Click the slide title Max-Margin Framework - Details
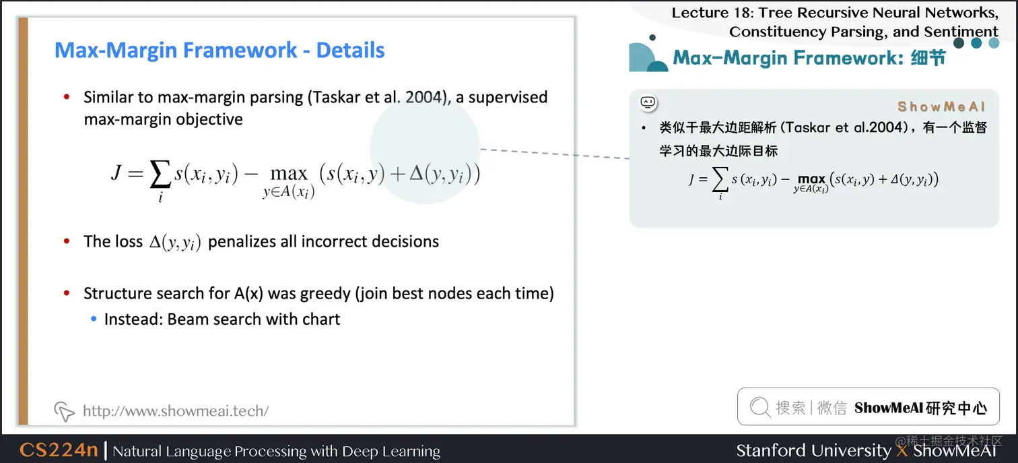(219, 51)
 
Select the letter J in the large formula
(117, 173)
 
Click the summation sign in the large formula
(160, 177)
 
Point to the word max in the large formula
(289, 174)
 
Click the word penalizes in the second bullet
(241, 242)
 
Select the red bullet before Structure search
(67, 294)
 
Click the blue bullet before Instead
(94, 319)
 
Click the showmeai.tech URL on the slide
(176, 410)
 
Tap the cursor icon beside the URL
(64, 411)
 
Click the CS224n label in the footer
(59, 450)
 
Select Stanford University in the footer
(813, 450)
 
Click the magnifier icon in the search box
(759, 407)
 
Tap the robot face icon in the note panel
(648, 102)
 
